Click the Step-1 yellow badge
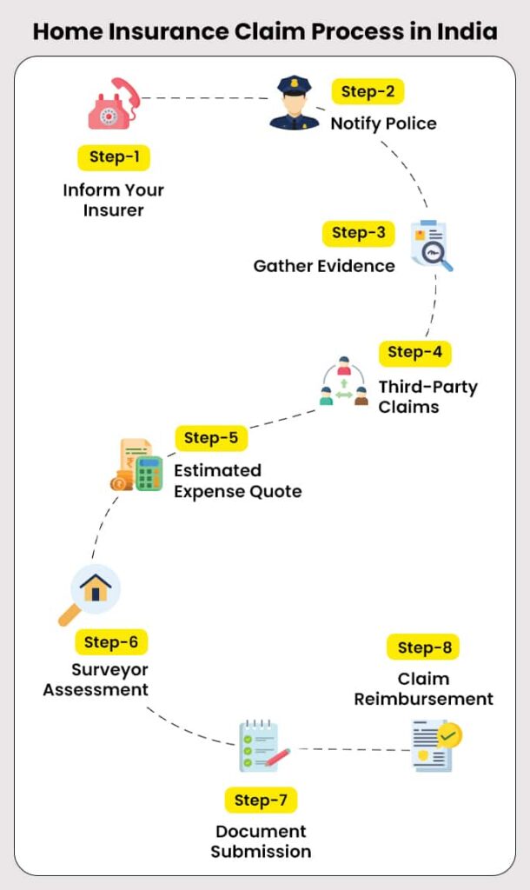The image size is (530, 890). (x=114, y=157)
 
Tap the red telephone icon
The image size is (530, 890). (x=112, y=104)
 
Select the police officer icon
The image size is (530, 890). (x=294, y=103)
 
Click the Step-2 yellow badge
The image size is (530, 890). (x=368, y=91)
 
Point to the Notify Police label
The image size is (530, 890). (x=383, y=123)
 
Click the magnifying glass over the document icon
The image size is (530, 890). (x=433, y=247)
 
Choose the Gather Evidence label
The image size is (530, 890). (x=324, y=266)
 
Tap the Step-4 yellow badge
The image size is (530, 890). (x=414, y=352)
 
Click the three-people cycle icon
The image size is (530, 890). (x=344, y=382)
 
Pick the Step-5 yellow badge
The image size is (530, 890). (x=211, y=438)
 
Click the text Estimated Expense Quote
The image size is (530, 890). (x=237, y=481)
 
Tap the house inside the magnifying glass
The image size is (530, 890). (x=95, y=588)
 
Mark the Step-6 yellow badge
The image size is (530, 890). (x=110, y=642)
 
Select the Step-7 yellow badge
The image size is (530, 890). (x=261, y=800)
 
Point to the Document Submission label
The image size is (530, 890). (x=261, y=841)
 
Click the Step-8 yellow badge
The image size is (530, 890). (x=423, y=648)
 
